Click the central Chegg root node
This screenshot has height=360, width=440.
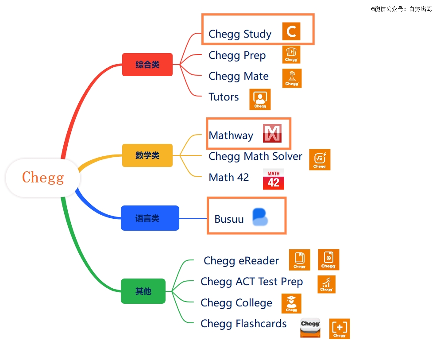coord(43,178)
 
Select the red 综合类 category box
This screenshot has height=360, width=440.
coord(147,65)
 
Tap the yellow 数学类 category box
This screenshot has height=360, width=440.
coord(147,155)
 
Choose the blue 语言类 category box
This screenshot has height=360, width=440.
coord(150,218)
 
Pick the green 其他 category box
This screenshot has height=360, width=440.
coord(143,291)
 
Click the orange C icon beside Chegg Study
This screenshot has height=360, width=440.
coord(291,31)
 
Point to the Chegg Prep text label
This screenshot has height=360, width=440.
coord(237,55)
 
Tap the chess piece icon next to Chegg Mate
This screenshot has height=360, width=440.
coord(292,78)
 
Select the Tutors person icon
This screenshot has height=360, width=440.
coord(260,99)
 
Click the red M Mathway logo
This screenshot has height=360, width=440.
coord(272,133)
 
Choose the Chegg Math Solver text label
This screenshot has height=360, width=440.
coord(255,156)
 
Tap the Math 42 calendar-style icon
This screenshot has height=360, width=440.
coord(273,179)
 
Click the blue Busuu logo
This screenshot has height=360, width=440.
coord(260,217)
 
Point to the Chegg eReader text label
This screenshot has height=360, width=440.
coord(241,261)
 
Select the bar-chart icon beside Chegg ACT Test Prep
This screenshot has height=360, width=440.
coord(326,284)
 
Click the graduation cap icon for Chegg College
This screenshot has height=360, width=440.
coord(291,304)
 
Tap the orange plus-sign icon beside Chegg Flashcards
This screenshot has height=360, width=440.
coord(340,329)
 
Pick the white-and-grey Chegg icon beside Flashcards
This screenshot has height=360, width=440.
coord(310,328)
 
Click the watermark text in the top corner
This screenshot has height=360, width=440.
coord(401,9)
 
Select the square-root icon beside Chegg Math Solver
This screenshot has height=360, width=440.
coord(320,159)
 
